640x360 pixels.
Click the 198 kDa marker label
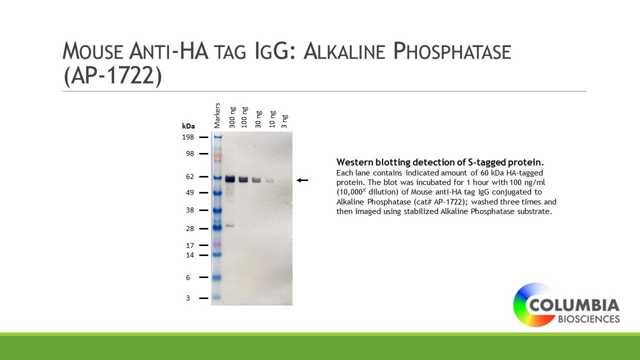tap(188, 137)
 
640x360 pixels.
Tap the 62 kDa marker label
tap(190, 176)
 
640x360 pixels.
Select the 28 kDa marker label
tap(190, 228)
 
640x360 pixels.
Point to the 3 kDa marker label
tap(188, 298)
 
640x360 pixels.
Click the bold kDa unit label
tap(188, 126)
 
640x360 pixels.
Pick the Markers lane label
tap(217, 115)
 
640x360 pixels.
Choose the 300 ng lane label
tap(232, 117)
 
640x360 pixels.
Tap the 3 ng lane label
tap(284, 121)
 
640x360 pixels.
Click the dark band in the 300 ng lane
tap(230, 179)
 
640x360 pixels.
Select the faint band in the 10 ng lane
tap(269, 180)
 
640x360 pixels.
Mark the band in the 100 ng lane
tap(243, 179)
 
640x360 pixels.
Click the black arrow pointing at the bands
tap(302, 180)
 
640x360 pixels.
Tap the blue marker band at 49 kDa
tap(217, 193)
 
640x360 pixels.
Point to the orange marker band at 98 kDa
tap(217, 155)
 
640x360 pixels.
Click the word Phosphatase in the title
tap(452, 51)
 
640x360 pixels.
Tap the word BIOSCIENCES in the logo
tap(589, 319)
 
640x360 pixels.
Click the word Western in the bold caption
tap(355, 162)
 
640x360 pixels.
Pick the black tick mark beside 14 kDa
tap(203, 255)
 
